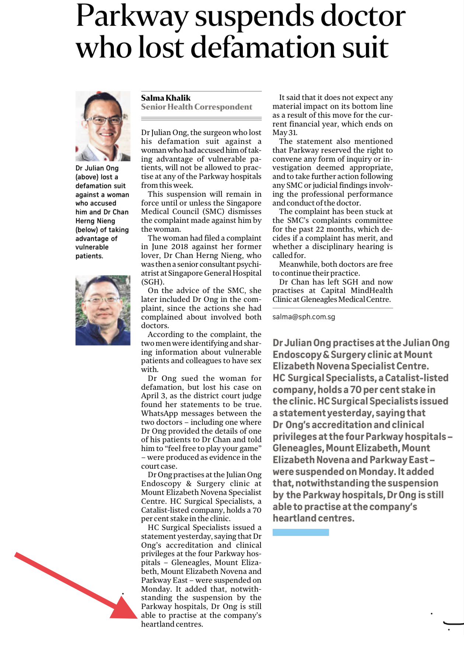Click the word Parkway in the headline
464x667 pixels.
tap(132, 17)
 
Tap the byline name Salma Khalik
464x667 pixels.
tap(166, 98)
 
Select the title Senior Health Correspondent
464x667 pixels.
tap(196, 107)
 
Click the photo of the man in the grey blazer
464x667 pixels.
tap(103, 126)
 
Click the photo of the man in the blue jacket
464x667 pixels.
tap(103, 310)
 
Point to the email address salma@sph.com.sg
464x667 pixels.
tap(304, 317)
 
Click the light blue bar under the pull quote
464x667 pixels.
tap(301, 532)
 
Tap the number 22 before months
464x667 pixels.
tap(320, 229)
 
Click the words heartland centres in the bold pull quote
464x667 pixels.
tap(313, 518)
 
